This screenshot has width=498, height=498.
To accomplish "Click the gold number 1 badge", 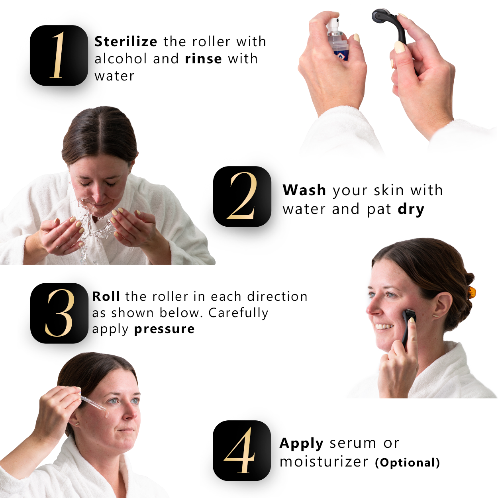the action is tap(59, 55).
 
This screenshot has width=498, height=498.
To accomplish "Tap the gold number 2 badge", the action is tap(242, 196).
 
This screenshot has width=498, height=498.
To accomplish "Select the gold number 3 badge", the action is tap(59, 313).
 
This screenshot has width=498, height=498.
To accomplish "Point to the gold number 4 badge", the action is tap(242, 451).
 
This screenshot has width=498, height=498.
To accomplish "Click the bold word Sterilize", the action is tap(126, 41).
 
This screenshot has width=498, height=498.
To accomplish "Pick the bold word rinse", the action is tap(204, 59).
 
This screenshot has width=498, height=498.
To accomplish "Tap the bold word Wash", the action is tap(304, 190).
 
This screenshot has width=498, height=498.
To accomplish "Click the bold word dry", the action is tap(411, 210).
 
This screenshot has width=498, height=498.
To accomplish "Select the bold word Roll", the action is tap(106, 296).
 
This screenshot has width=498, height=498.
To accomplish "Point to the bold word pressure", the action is tap(165, 329).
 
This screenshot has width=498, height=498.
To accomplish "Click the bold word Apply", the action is tap(301, 443).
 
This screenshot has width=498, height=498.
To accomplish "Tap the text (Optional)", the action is tap(407, 462).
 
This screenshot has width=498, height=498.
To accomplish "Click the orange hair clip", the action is tap(472, 292).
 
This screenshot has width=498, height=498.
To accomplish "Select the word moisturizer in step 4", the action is tap(324, 462).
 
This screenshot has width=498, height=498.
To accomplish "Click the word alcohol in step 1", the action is tap(120, 59).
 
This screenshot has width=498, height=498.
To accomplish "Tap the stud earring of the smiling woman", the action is tap(435, 316).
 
